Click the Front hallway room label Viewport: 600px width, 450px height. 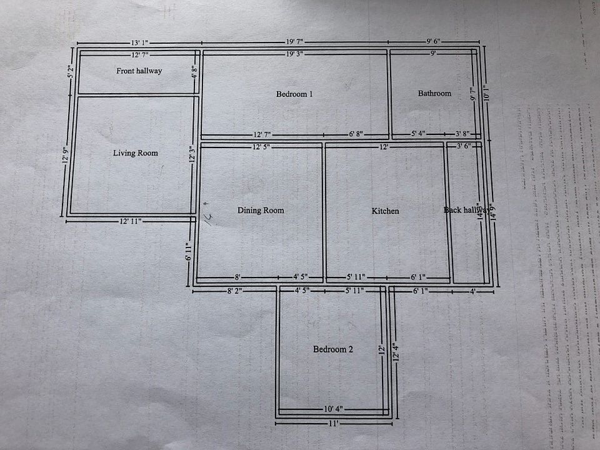point(139,71)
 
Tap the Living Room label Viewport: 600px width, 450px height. point(136,153)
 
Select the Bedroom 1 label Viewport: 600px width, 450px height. point(294,94)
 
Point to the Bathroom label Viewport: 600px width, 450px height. point(434,93)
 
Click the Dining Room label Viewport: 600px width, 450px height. point(261,211)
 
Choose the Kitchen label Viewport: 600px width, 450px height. point(385,211)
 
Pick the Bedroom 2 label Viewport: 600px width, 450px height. point(333,349)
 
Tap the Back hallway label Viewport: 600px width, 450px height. point(466,210)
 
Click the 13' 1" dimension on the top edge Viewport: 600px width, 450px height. point(140,42)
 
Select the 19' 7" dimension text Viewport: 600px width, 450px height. point(294,42)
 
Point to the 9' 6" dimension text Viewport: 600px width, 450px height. point(434,42)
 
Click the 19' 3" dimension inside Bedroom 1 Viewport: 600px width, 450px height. point(294,54)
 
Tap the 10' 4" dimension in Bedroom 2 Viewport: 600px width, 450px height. point(332,409)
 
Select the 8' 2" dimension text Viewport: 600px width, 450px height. point(234,290)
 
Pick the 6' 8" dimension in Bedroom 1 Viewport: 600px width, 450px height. point(356,134)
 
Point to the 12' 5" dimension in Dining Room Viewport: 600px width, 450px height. point(261,147)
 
